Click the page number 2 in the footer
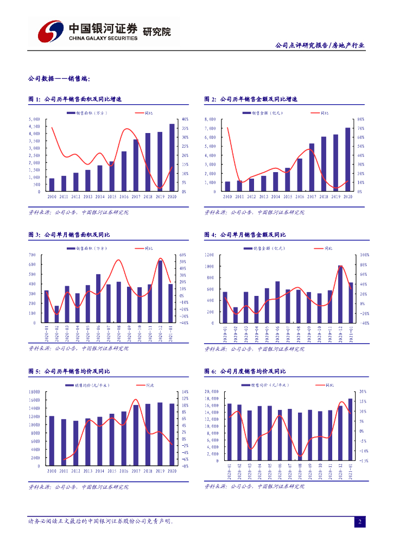coord(359,522)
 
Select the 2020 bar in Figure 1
coord(172,157)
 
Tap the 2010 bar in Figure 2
coord(227,186)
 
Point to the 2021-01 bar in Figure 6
coord(351,429)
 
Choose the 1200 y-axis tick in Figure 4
coord(210,255)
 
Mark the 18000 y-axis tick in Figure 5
coord(34,391)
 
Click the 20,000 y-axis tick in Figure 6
coord(211,391)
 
